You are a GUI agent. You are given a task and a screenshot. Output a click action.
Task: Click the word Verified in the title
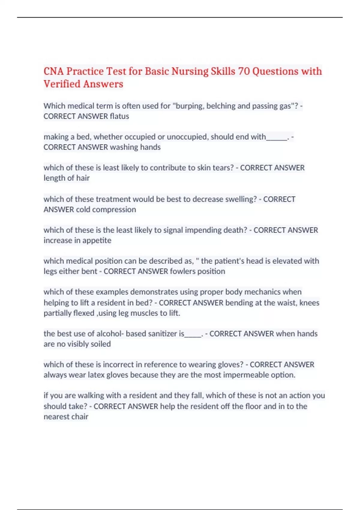click(62, 84)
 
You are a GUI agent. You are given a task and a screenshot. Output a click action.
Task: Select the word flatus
click(119, 116)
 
